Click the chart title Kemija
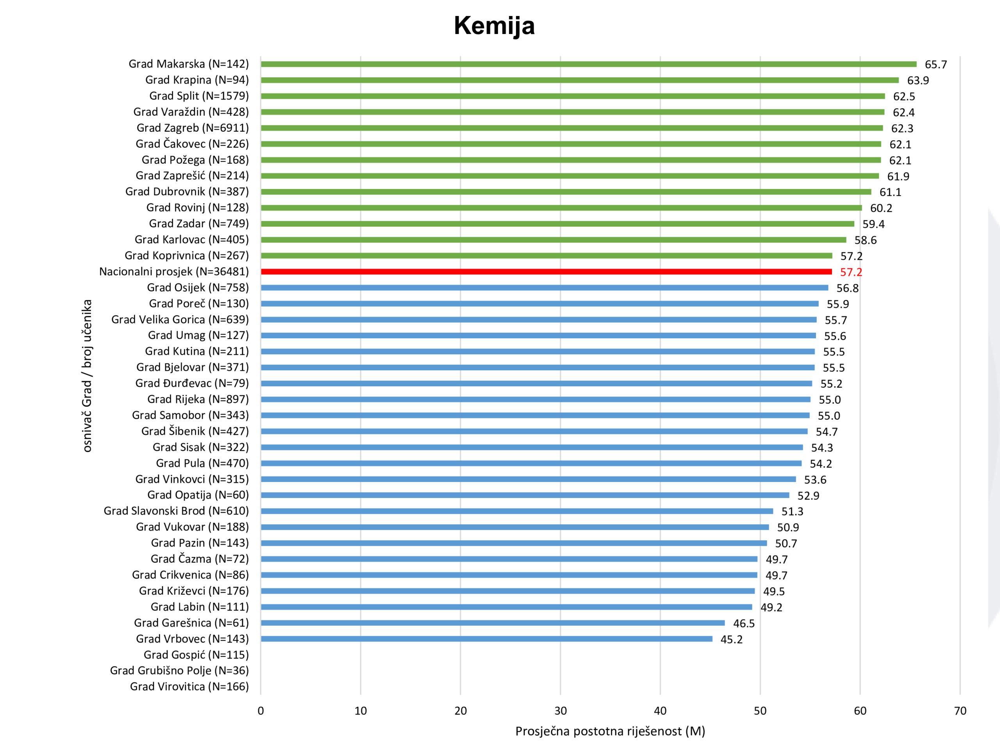click(x=494, y=26)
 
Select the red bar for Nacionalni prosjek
click(x=546, y=272)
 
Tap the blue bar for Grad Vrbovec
click(x=486, y=639)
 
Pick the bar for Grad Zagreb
click(x=571, y=128)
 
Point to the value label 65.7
click(x=936, y=64)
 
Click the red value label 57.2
click(x=851, y=272)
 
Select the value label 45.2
click(x=731, y=639)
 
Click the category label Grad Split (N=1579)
click(x=199, y=96)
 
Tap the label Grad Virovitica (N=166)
click(x=189, y=686)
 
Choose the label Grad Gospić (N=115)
click(x=196, y=655)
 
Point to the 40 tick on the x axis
click(x=660, y=711)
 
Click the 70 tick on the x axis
click(x=960, y=711)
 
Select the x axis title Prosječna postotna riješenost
click(x=610, y=731)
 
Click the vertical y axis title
click(x=87, y=375)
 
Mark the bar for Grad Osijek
click(x=544, y=287)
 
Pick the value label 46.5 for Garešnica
click(x=744, y=623)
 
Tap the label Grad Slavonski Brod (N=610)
click(x=176, y=511)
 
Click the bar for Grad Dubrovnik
click(x=566, y=192)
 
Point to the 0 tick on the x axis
click(x=261, y=711)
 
